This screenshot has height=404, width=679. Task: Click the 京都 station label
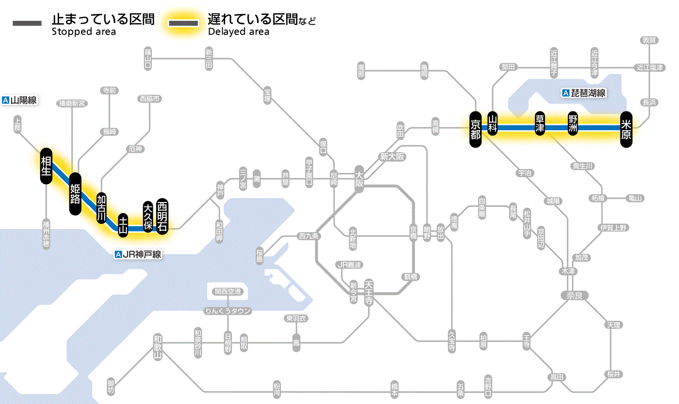475,128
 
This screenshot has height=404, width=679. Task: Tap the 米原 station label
626,128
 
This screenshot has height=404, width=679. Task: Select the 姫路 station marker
75,194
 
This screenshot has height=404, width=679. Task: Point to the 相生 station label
47,166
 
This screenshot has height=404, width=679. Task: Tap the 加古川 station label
101,208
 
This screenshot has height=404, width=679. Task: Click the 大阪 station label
359,177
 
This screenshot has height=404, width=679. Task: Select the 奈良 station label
574,295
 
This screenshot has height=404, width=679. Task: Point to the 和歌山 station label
157,347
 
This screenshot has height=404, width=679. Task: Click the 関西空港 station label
228,292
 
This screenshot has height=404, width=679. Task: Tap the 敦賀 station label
649,40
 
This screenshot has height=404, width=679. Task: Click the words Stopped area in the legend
83,32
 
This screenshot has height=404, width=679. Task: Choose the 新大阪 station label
392,156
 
